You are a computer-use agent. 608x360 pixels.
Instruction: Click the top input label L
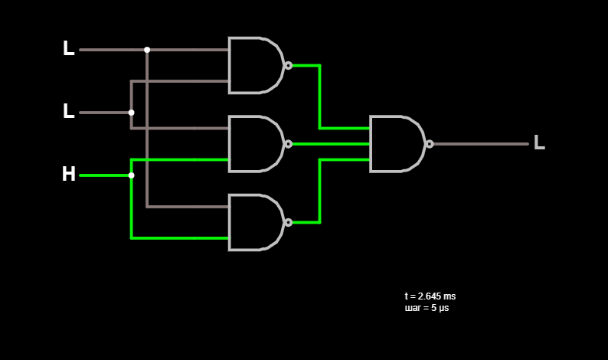(x=69, y=48)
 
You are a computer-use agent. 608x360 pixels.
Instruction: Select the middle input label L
(x=69, y=111)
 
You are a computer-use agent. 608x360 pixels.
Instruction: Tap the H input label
(x=69, y=174)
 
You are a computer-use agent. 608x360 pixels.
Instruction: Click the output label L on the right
(x=539, y=142)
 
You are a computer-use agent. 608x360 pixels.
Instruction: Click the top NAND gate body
(x=256, y=66)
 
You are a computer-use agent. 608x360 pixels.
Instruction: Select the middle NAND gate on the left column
(x=256, y=144)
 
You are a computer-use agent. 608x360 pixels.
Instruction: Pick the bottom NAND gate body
(x=256, y=222)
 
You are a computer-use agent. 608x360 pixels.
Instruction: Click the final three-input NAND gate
(x=397, y=144)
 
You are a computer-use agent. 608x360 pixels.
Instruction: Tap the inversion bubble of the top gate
(x=289, y=66)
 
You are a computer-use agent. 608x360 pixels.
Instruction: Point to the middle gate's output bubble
(x=289, y=144)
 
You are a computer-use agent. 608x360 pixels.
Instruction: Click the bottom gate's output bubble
(x=289, y=222)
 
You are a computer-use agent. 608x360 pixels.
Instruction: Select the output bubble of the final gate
(x=430, y=144)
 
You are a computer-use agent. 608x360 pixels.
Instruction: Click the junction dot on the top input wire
(x=147, y=50)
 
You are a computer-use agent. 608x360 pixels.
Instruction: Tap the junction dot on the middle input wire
(x=132, y=113)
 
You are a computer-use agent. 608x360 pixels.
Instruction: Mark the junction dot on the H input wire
(x=132, y=175)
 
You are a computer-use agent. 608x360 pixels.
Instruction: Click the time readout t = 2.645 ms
(x=430, y=296)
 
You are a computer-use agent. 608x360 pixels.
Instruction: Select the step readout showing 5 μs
(x=427, y=308)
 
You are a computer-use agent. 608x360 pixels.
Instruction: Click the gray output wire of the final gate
(x=481, y=144)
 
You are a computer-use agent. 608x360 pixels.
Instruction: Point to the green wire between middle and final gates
(x=331, y=144)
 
